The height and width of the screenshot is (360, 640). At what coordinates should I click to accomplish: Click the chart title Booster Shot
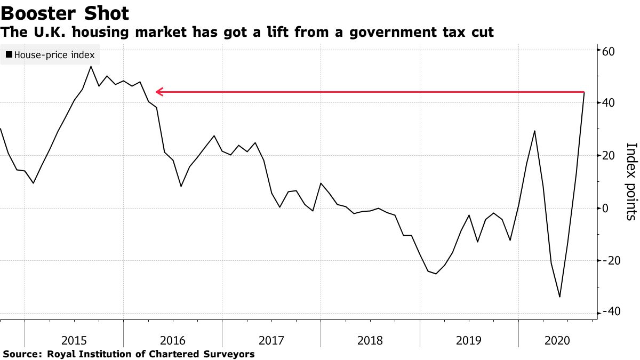(65, 13)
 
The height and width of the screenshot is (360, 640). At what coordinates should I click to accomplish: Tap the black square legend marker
(9, 54)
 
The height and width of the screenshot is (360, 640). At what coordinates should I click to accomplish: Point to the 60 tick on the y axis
(610, 51)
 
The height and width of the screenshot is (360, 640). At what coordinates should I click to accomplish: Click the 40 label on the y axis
(610, 103)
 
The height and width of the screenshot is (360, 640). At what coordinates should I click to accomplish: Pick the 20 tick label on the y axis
(610, 156)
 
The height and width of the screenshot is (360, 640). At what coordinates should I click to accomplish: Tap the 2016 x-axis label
(172, 340)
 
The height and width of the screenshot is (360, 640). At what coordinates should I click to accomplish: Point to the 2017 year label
(271, 340)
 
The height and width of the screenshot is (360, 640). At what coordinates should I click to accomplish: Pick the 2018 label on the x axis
(370, 340)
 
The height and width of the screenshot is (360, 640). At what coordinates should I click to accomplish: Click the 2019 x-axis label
(469, 340)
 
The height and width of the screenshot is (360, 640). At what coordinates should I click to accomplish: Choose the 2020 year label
(556, 340)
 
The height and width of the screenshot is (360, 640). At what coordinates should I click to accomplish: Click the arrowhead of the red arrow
(158, 92)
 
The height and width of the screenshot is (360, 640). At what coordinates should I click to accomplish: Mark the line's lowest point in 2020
(559, 297)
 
